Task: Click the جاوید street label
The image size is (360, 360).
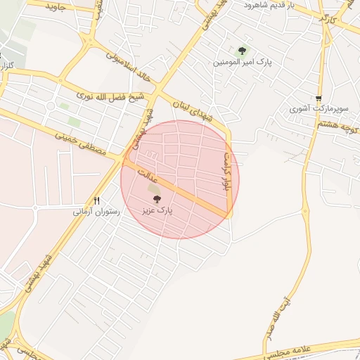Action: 56,7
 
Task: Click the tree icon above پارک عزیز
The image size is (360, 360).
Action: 156,200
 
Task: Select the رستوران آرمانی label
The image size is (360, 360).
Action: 96,211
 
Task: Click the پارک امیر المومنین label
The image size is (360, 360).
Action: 243,62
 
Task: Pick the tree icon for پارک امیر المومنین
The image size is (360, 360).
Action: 243,51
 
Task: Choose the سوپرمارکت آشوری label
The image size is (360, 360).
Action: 319,109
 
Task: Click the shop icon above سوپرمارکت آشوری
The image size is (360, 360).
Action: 319,98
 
